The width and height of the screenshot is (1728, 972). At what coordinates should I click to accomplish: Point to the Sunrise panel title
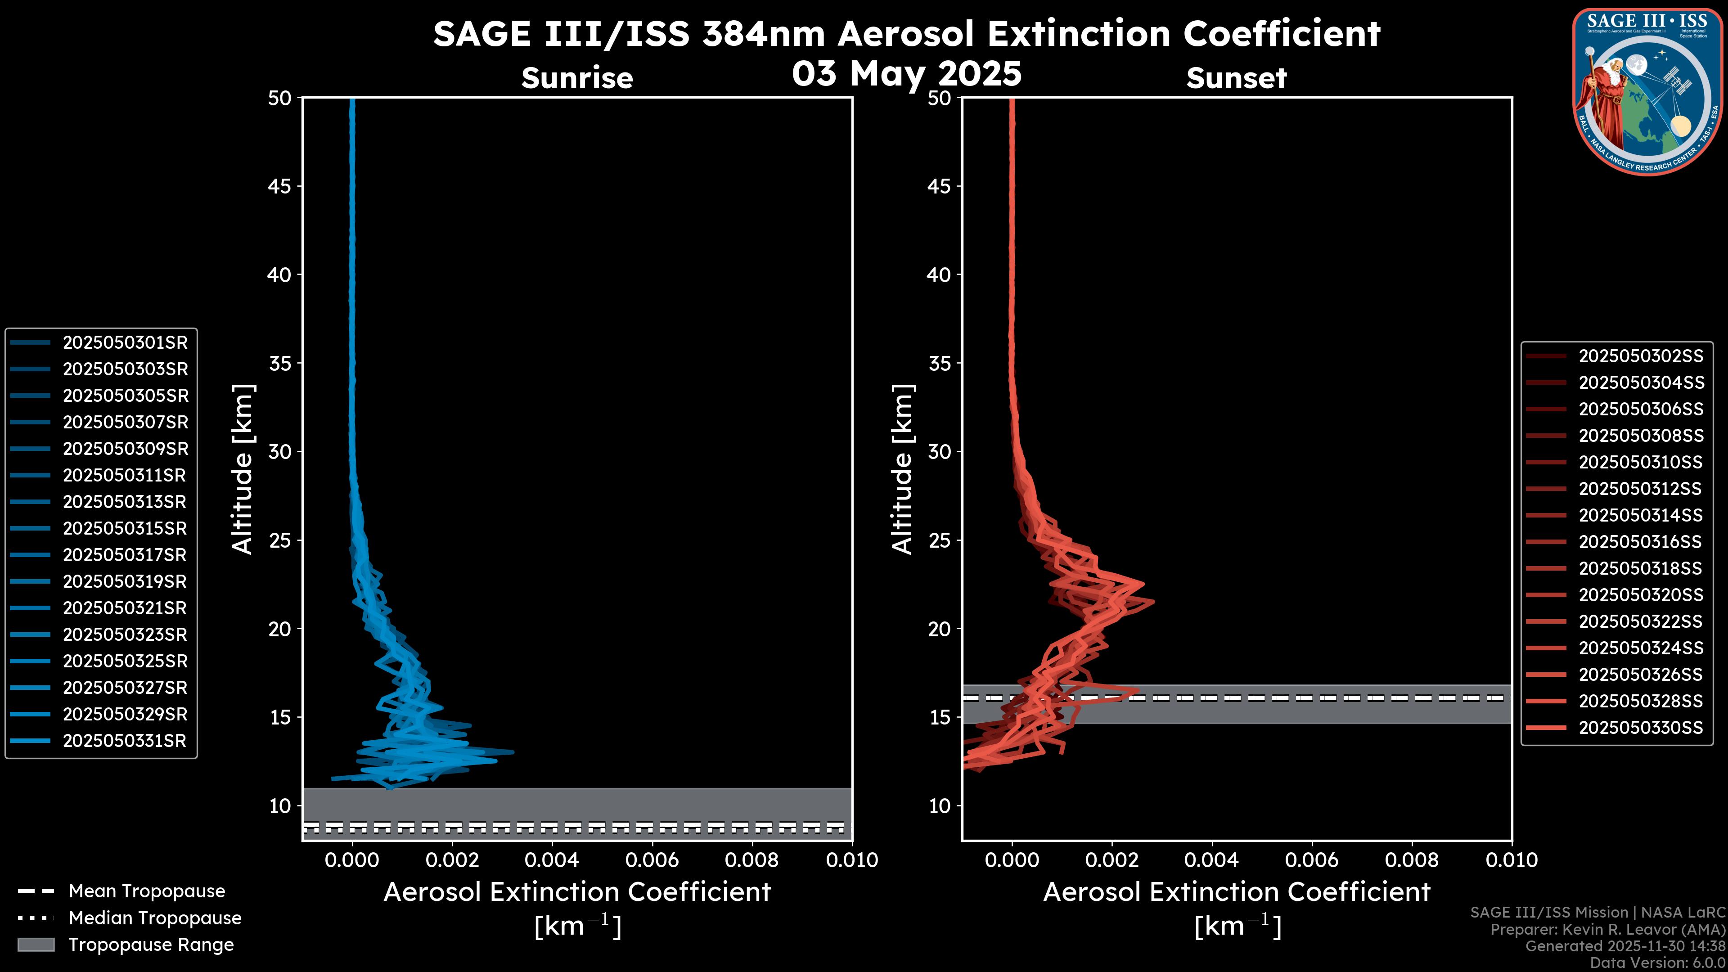click(x=577, y=78)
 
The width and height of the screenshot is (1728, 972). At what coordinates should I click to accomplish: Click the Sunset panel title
click(x=1236, y=78)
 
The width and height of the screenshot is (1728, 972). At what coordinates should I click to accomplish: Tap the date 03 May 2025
click(x=906, y=73)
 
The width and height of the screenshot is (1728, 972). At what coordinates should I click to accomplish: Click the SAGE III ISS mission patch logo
click(x=1647, y=92)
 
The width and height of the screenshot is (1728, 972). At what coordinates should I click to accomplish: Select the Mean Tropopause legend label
click(x=147, y=891)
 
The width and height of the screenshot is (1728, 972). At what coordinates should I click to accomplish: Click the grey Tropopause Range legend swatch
click(x=36, y=945)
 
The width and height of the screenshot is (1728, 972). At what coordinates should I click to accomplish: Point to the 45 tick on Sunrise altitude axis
click(x=280, y=186)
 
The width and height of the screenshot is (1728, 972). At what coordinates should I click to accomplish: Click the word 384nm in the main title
click(x=763, y=34)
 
